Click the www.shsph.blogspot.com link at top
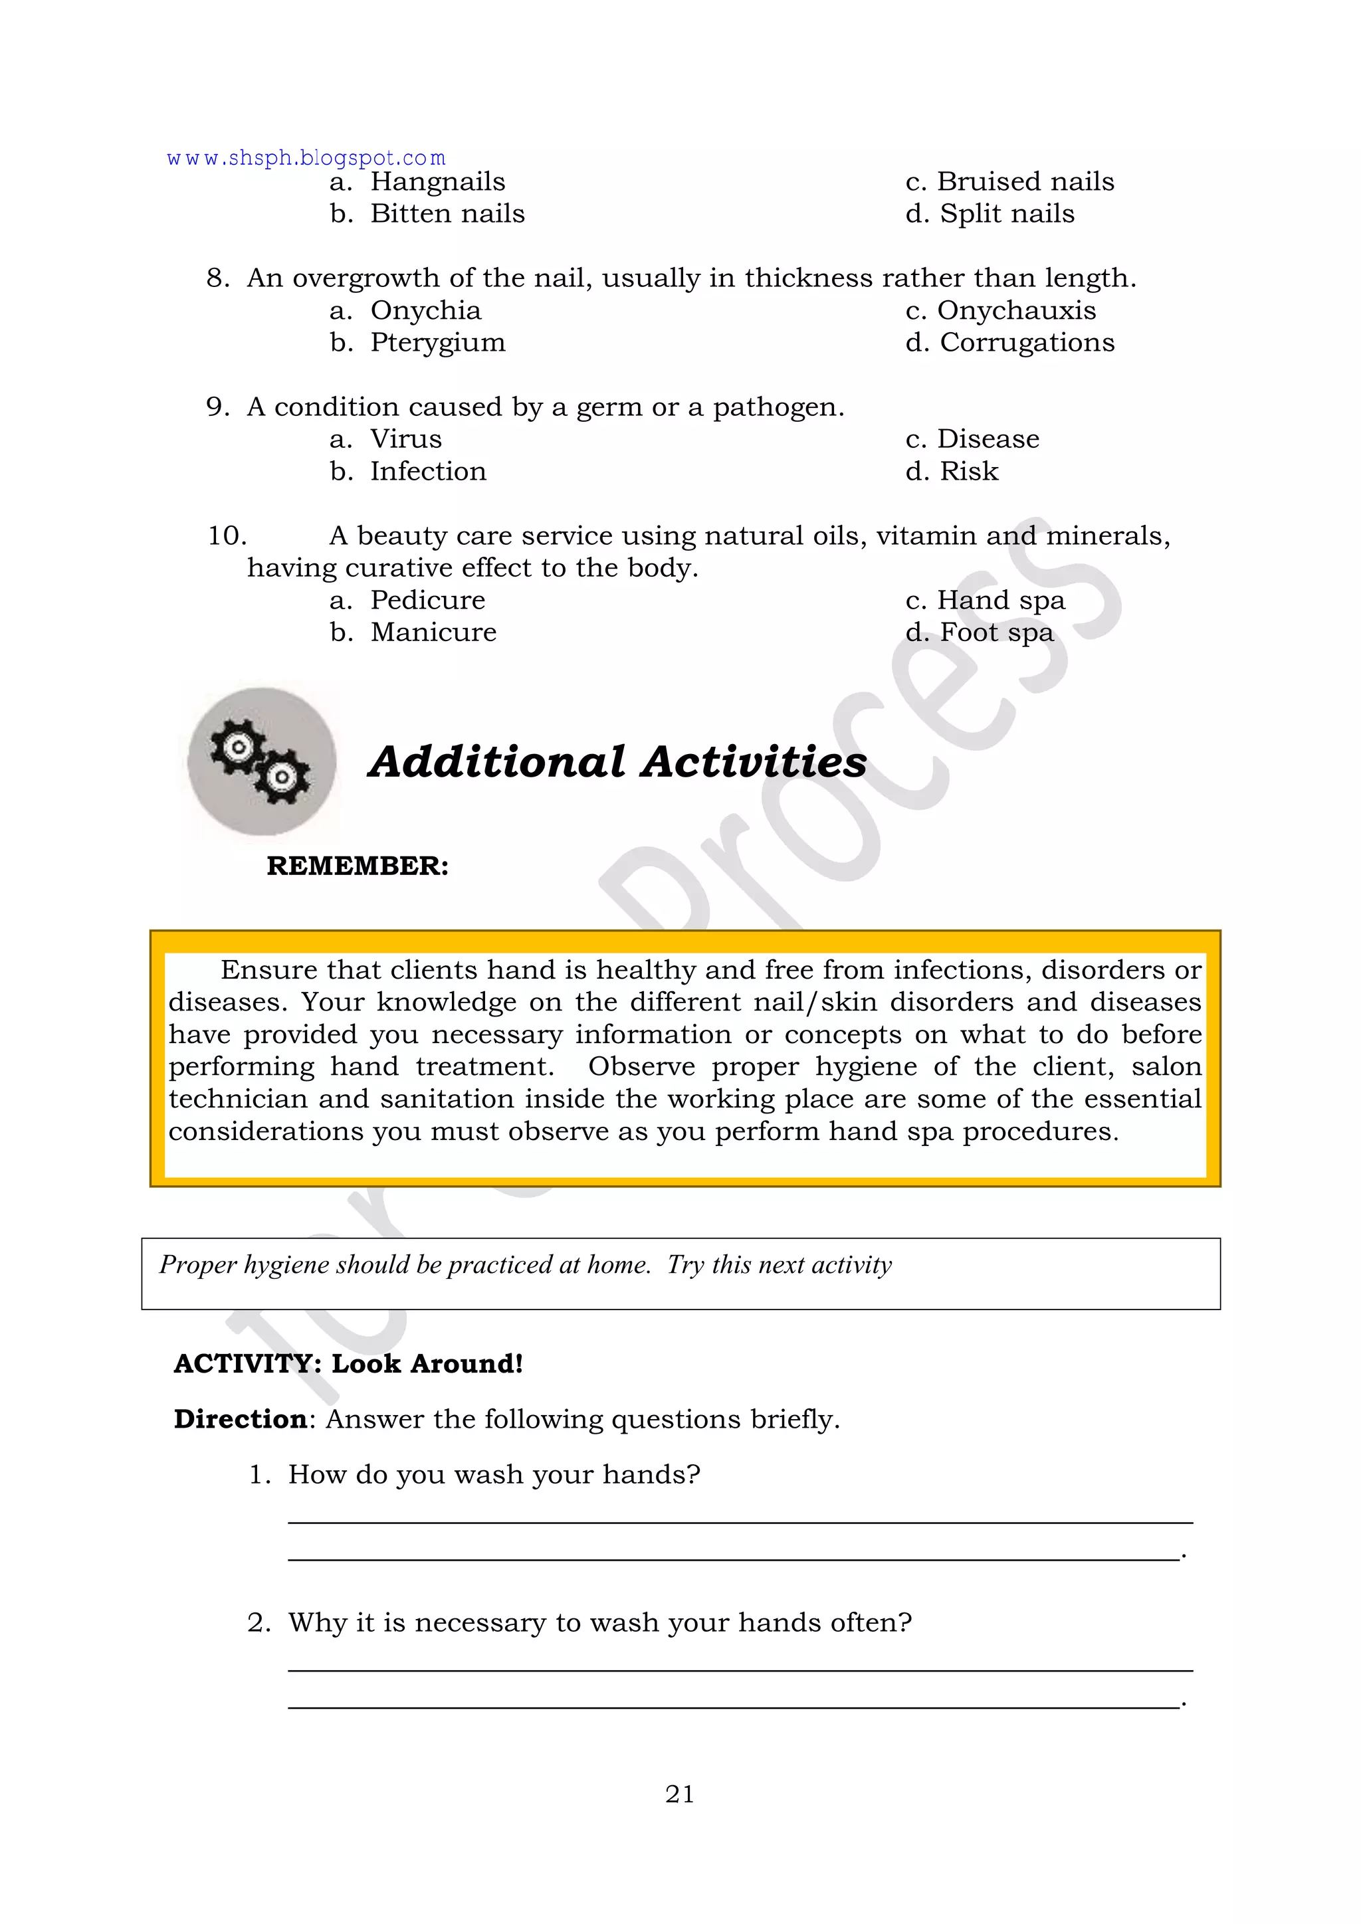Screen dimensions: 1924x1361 pos(306,158)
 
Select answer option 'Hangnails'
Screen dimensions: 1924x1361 pos(437,182)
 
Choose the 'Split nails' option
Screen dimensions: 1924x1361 pos(1007,214)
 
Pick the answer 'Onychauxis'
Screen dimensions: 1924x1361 pos(1015,311)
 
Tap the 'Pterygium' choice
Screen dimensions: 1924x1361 pos(437,343)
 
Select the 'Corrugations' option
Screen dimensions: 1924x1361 pos(1027,343)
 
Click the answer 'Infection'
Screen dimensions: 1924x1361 pos(427,472)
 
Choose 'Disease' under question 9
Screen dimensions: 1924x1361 pos(988,439)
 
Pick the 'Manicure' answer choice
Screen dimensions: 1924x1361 pos(433,632)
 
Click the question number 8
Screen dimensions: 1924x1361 pos(217,278)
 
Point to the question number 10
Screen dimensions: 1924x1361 pos(226,536)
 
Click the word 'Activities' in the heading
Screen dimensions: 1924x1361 pos(754,763)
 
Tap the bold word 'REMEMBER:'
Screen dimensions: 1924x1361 pos(358,866)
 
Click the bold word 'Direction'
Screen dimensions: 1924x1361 pos(241,1420)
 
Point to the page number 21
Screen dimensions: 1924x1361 pos(680,1794)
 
